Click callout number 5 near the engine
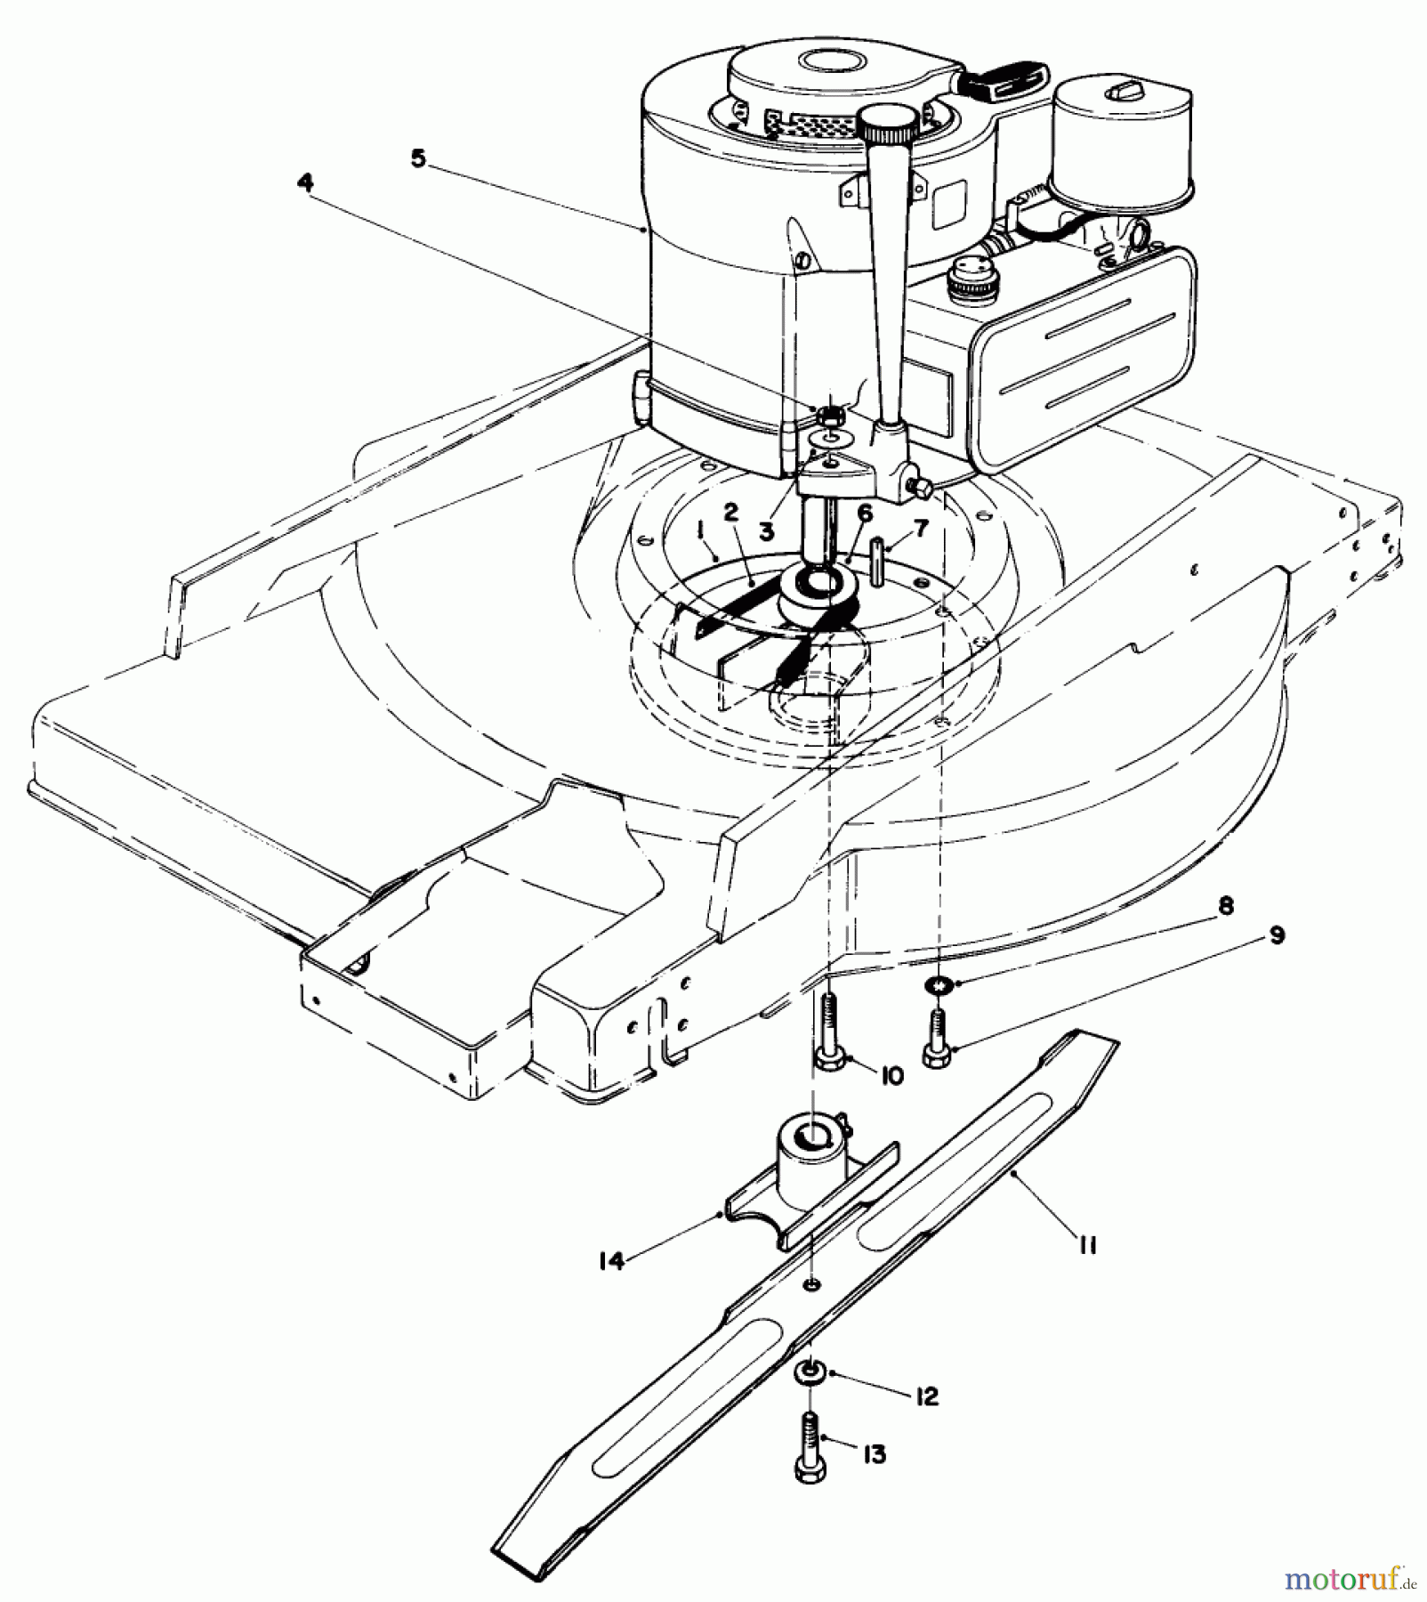point(418,159)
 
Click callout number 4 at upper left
point(305,182)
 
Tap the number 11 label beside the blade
point(1086,1245)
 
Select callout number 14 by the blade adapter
point(611,1261)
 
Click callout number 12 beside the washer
point(926,1396)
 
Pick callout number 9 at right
point(1277,936)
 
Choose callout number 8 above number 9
point(1225,906)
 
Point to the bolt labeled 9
point(936,1037)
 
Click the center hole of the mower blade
point(811,1284)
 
